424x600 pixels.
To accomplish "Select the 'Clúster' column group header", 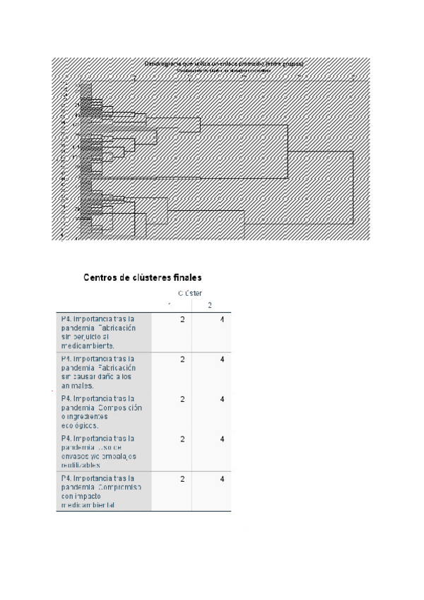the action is pyautogui.click(x=190, y=293).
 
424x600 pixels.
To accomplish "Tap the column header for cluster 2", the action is pyautogui.click(x=210, y=306).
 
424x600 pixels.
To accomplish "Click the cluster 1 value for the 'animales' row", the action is pyautogui.click(x=182, y=359).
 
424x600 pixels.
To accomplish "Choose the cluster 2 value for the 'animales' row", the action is pyautogui.click(x=222, y=359).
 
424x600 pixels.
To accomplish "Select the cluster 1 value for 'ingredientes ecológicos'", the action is pyautogui.click(x=182, y=399).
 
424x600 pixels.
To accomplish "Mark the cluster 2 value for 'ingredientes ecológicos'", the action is pyautogui.click(x=222, y=399).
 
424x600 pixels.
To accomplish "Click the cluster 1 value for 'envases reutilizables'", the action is pyautogui.click(x=182, y=439).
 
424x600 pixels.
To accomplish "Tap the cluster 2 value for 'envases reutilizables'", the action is pyautogui.click(x=222, y=439).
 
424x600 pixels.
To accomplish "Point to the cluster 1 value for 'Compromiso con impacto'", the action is pyautogui.click(x=182, y=479).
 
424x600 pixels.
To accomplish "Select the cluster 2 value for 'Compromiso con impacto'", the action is pyautogui.click(x=222, y=479).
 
